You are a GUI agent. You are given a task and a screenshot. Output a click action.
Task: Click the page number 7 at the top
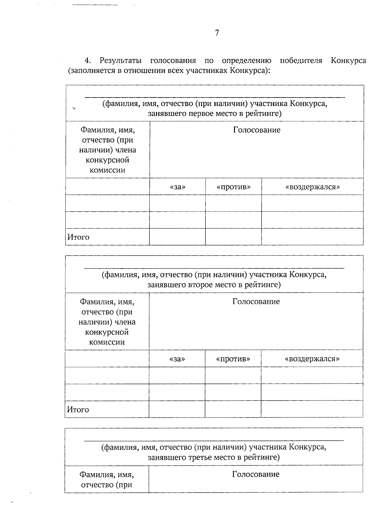coord(217,33)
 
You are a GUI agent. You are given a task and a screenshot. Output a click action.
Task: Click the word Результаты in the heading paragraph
coord(120,60)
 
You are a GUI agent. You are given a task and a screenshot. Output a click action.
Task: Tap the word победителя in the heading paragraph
coord(301,60)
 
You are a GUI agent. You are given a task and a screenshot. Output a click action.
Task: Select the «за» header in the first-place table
coord(177,187)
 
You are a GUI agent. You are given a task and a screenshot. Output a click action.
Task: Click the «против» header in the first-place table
coord(233,187)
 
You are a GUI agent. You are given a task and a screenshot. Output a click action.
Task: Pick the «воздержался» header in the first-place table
coord(312,187)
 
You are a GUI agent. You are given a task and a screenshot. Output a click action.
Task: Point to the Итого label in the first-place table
coord(78,237)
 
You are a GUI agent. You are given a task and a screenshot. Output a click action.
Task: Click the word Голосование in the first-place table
coord(256,130)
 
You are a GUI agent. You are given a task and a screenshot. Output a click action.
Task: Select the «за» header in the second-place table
coord(177,359)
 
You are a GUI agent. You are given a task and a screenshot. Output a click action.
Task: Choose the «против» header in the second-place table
coord(233,359)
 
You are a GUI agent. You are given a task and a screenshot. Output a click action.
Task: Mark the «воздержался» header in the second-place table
coord(312,359)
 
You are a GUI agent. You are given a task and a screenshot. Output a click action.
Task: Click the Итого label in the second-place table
coord(78,410)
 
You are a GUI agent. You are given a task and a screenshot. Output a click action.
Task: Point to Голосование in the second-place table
coord(256,302)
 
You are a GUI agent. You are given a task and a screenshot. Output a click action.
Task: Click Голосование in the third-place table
coord(256,474)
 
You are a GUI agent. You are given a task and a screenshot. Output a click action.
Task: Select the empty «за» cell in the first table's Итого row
coord(177,237)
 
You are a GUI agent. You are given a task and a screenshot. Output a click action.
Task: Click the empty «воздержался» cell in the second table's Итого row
coord(312,409)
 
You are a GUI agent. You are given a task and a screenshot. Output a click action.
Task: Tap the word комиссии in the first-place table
coord(107,170)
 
